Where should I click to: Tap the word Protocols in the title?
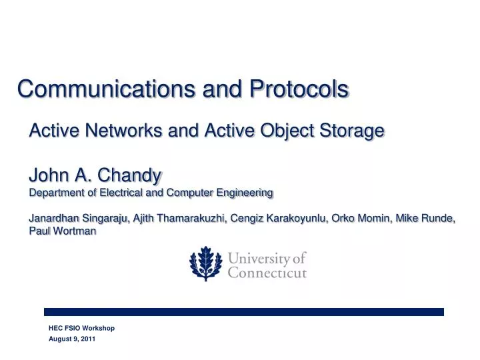[299, 89]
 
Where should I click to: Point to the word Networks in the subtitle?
[123, 130]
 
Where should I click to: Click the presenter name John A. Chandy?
[95, 175]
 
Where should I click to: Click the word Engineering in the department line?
[245, 193]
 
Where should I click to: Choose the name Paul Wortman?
[62, 231]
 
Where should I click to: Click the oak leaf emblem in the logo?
[205, 263]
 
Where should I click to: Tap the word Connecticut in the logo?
[267, 273]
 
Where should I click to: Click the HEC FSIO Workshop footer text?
[81, 328]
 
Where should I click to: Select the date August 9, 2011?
[72, 339]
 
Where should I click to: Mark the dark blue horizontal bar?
[243, 311]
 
